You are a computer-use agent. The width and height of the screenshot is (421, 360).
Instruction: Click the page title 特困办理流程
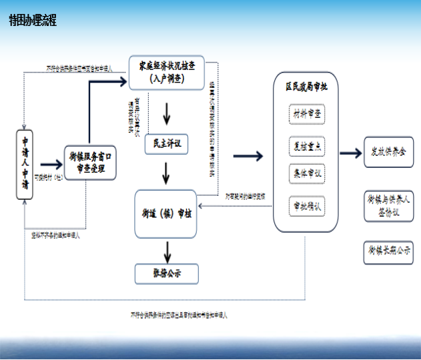click(33, 21)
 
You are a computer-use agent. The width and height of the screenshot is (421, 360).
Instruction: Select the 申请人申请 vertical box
click(25, 164)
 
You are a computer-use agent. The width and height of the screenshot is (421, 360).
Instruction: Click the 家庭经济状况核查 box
click(167, 72)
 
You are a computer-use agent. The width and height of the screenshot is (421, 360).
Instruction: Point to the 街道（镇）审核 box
click(167, 213)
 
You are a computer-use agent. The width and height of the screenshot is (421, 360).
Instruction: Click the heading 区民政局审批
click(307, 87)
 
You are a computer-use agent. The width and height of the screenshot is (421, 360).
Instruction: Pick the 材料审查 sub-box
click(307, 115)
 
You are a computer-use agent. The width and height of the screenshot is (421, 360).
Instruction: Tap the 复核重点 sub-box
click(307, 145)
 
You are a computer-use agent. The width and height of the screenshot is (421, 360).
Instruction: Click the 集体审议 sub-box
click(307, 173)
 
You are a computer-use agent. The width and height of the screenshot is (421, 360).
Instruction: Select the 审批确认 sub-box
click(307, 206)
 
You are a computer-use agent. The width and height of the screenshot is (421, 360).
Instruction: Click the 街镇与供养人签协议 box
click(389, 205)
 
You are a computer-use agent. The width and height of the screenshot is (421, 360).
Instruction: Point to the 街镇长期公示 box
click(389, 251)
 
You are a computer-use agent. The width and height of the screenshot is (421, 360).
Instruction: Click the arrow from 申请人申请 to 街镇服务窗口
click(51, 164)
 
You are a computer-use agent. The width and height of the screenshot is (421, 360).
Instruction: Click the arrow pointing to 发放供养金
click(350, 153)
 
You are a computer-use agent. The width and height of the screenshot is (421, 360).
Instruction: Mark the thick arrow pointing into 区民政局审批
click(250, 156)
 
